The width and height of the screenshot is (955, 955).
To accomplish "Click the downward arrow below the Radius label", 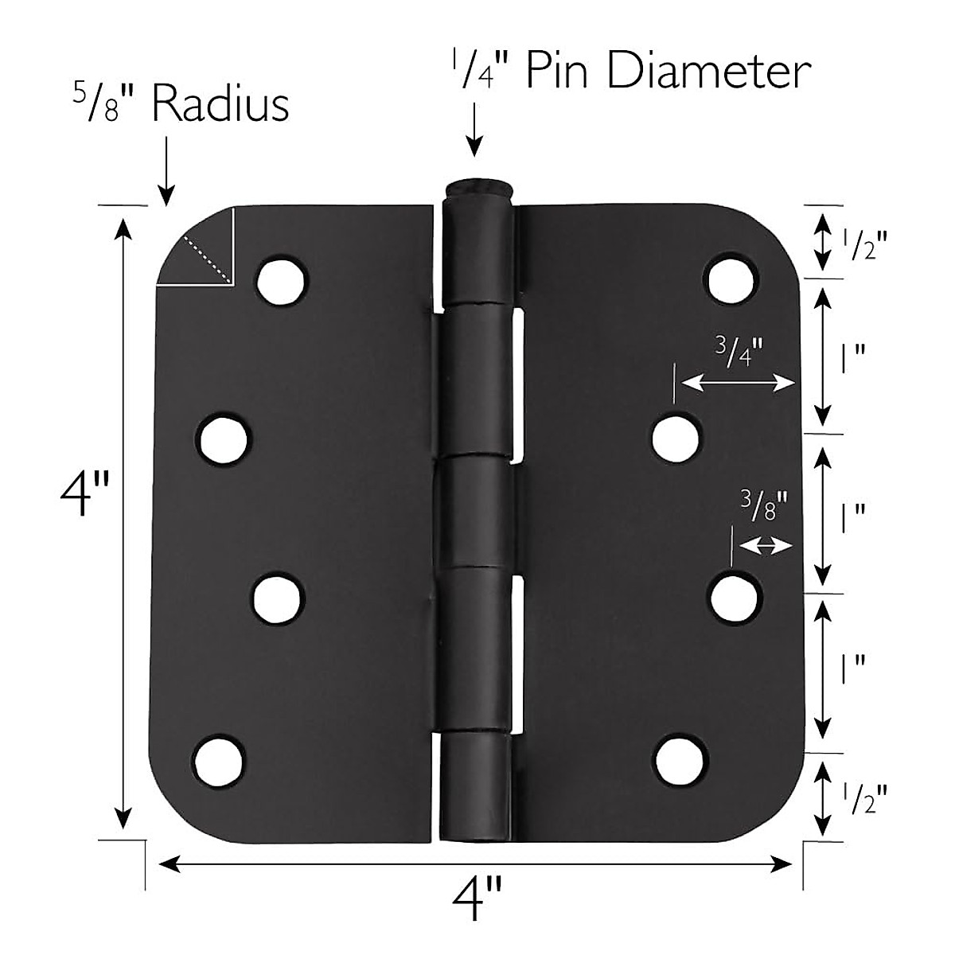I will (x=166, y=170).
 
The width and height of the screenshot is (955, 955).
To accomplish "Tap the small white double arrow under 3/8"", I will (x=766, y=546).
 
